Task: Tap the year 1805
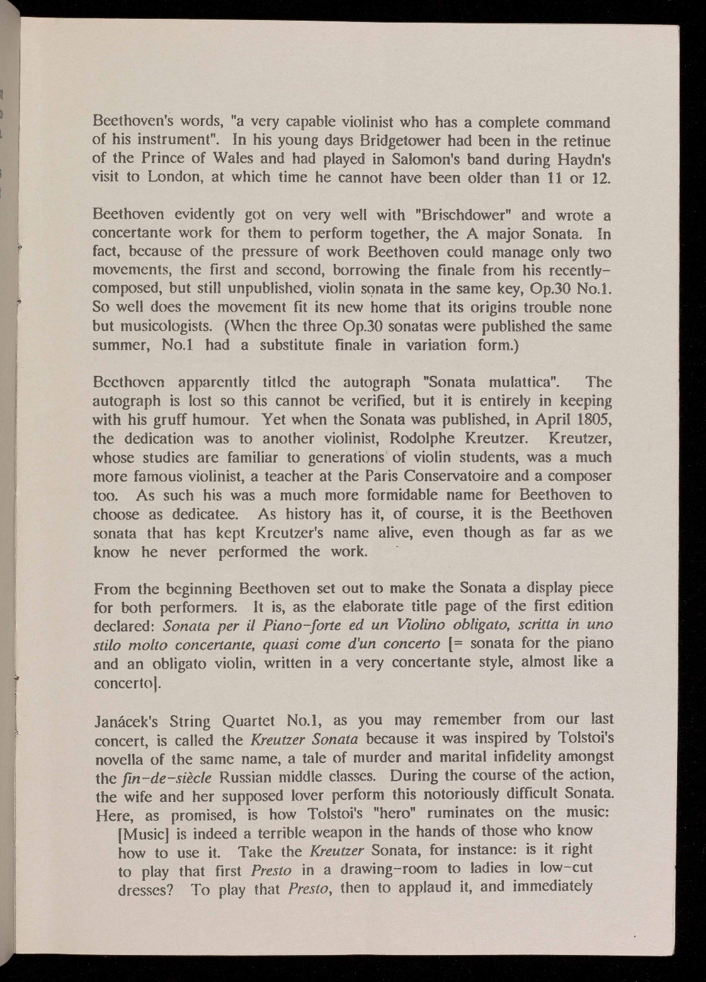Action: click(591, 420)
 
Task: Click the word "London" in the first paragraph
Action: click(174, 178)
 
